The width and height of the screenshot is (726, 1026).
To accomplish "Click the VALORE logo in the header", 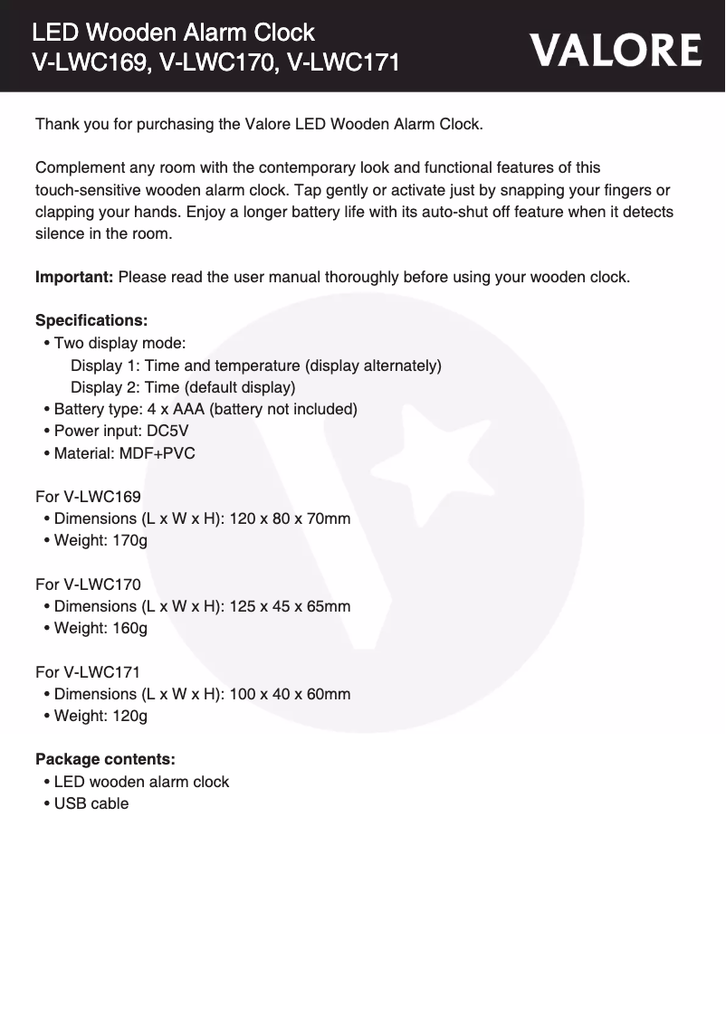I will click(616, 51).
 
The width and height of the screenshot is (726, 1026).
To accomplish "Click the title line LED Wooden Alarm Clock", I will click(173, 33).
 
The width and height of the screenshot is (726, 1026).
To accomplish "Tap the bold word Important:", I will click(74, 277).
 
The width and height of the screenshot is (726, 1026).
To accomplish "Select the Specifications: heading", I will click(91, 321).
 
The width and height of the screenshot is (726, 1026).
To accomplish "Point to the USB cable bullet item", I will click(91, 803).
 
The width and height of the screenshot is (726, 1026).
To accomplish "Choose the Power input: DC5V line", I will click(121, 431).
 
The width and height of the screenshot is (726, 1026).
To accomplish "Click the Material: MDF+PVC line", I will click(124, 452).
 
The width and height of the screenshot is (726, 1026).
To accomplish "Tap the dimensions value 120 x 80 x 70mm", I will click(290, 518).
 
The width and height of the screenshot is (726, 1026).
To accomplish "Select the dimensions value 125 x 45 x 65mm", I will click(290, 606).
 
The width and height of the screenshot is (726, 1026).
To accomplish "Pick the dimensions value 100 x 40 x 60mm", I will click(290, 694).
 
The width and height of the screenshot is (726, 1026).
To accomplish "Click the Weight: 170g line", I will click(100, 540).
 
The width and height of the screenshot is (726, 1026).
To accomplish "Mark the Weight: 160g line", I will click(100, 628).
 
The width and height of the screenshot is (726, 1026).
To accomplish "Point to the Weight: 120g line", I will click(100, 716).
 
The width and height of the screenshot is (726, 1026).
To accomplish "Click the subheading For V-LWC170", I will click(88, 584).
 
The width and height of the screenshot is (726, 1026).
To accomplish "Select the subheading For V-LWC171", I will click(88, 672).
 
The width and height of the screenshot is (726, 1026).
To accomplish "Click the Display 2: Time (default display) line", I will click(183, 387).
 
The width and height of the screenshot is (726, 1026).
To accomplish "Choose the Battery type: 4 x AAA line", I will click(205, 409).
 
